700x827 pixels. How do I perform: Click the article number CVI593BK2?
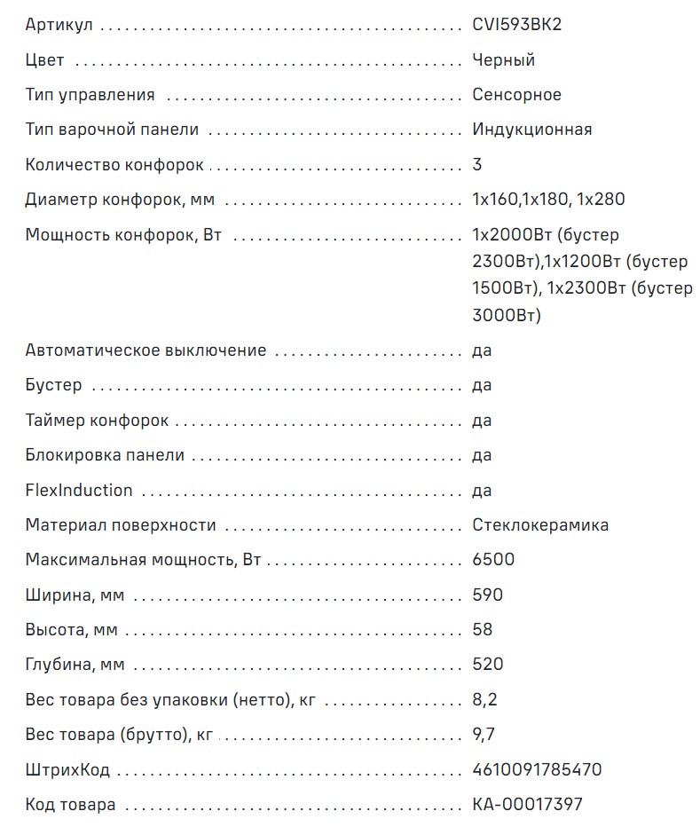tap(517, 25)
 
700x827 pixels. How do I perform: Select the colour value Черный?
tap(504, 60)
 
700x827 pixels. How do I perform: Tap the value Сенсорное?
tap(517, 95)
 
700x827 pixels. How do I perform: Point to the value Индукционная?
tap(532, 130)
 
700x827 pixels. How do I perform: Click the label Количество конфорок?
tap(114, 165)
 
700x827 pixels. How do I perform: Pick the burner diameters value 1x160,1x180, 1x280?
tap(548, 200)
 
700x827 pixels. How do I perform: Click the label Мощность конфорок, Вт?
tap(123, 235)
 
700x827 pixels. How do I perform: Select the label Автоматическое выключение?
tap(146, 350)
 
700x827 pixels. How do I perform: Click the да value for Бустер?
tap(482, 385)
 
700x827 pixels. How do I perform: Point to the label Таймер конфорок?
tap(97, 421)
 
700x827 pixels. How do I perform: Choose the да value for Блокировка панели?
tap(482, 455)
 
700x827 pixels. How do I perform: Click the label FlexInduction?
tap(79, 491)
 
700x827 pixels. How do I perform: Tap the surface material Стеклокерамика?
tap(540, 525)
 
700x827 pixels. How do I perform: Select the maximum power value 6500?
tap(493, 560)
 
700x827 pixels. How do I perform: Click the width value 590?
tap(488, 595)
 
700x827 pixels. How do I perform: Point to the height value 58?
tap(483, 630)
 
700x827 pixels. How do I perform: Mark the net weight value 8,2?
tap(484, 700)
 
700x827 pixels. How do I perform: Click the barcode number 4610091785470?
tap(537, 769)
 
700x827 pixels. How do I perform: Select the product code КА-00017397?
tap(528, 805)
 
